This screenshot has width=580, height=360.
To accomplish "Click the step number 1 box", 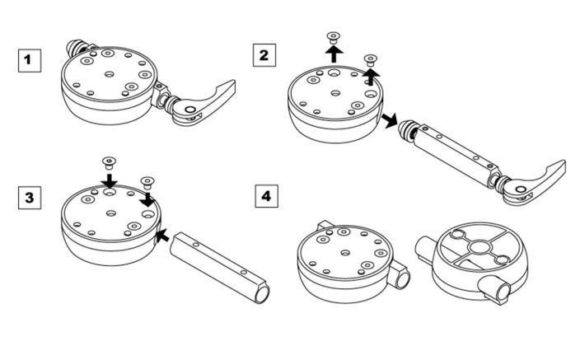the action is click(29, 60).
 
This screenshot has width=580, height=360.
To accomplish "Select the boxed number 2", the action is click(264, 55).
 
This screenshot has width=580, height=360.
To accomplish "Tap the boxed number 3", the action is click(29, 198).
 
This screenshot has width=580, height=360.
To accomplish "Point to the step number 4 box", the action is click(266, 196).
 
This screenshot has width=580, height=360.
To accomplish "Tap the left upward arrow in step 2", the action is click(334, 54).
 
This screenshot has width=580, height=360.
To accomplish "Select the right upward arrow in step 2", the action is click(371, 77).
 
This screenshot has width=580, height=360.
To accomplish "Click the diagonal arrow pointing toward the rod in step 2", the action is click(390, 120).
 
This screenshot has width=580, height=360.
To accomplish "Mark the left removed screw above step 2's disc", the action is click(334, 37).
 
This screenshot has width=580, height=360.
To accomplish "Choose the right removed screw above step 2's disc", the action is click(370, 60).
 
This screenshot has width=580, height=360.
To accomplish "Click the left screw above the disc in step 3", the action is click(109, 163).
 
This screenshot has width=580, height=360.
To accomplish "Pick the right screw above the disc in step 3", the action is click(147, 182).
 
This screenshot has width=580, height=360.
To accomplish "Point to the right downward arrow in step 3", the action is click(147, 199).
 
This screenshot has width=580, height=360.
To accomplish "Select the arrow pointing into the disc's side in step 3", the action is click(162, 236).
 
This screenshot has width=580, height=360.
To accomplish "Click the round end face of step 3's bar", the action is click(262, 294).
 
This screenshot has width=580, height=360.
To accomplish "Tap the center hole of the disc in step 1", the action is click(109, 74).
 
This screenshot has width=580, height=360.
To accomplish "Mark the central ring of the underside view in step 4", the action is click(479, 246).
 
